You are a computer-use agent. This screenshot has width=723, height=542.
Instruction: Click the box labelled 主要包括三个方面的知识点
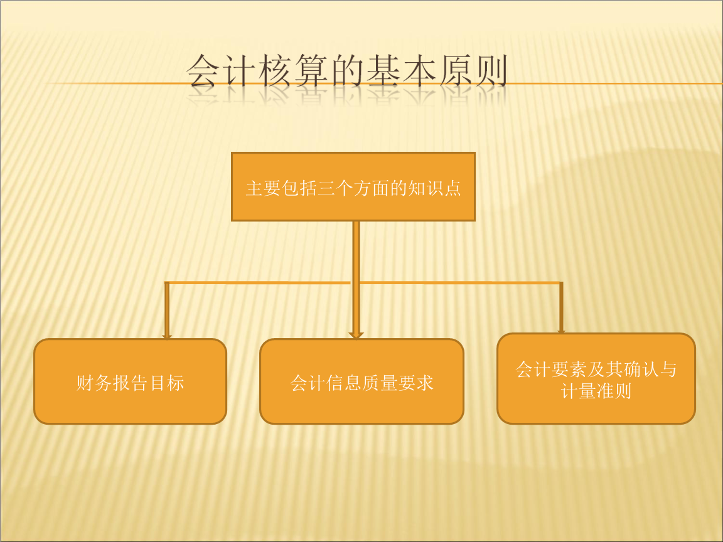pos(353,187)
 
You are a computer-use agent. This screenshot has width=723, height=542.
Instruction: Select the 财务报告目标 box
pos(130,381)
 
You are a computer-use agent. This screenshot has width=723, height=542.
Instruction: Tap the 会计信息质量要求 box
pos(361,381)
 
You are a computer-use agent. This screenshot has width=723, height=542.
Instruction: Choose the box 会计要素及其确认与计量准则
pos(596,379)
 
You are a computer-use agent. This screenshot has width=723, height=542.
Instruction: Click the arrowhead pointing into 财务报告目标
pos(167,336)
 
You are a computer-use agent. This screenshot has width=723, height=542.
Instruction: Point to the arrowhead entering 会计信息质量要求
pos(356,335)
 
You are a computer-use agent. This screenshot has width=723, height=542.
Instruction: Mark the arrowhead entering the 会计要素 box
pos(561,331)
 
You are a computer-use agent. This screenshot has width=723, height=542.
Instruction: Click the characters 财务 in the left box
pos(94,383)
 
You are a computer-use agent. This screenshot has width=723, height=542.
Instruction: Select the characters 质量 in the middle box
pos(380,383)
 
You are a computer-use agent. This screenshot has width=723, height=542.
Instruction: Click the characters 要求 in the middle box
pos(416,383)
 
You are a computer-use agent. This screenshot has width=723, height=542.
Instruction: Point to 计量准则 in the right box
pos(596,391)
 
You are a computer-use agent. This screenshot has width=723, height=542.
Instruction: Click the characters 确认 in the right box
pos(640,369)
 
